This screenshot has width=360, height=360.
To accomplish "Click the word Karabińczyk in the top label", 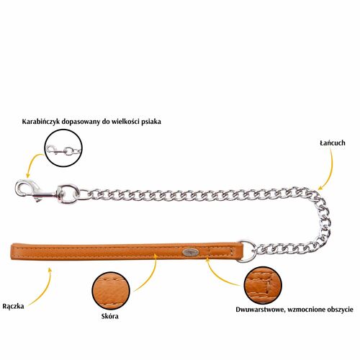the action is click(40, 122).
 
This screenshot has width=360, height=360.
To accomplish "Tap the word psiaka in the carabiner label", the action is click(151, 122).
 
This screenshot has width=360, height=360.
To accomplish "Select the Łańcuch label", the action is click(333, 143).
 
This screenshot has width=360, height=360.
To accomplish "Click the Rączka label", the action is click(13, 307).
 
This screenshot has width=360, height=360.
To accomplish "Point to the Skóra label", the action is click(109, 316).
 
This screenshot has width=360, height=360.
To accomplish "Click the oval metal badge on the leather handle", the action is click(190, 252).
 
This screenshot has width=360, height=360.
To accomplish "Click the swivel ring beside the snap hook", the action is click(68, 194).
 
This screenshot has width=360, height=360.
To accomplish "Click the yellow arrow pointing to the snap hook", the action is click(31, 163).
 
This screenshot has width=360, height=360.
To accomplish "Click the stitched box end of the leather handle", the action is click(220, 252).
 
